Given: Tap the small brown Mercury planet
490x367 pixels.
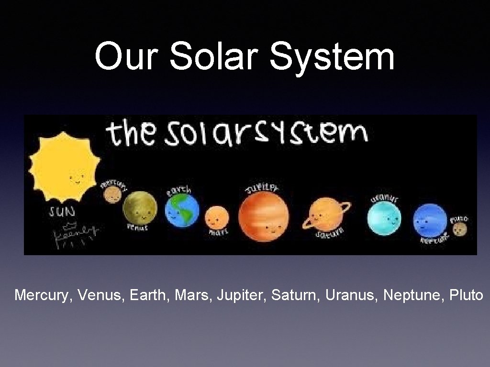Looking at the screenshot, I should click(x=112, y=194).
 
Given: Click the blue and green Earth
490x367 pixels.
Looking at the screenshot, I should click(x=182, y=210).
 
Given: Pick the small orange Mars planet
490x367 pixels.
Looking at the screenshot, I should click(x=217, y=218).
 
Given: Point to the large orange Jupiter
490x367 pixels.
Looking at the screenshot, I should click(x=264, y=216).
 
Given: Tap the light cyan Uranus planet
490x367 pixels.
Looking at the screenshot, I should click(x=384, y=218).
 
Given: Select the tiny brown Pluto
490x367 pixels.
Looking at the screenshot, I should click(x=460, y=229).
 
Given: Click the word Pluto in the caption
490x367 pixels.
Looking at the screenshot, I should click(x=467, y=295).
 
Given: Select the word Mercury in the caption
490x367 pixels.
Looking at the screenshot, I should click(x=41, y=295).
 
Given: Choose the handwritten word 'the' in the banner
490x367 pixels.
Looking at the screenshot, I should click(x=131, y=134).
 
